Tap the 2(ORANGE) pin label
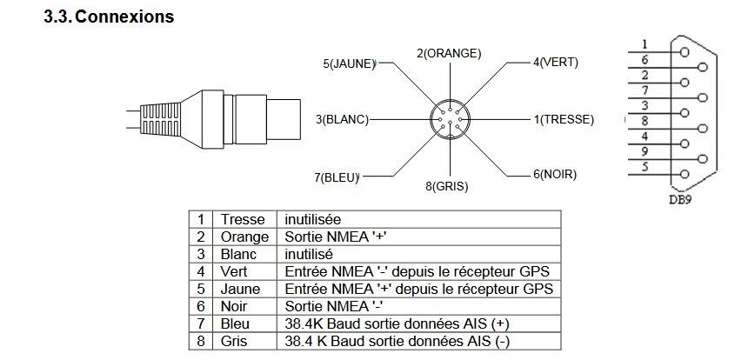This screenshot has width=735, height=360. point(448,53)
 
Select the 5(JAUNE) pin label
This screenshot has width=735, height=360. point(349,63)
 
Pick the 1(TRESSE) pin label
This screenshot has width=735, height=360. point(563,118)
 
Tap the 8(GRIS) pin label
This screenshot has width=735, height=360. point(449,186)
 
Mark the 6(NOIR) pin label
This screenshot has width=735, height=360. point(554,174)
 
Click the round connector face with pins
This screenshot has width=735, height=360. point(450,119)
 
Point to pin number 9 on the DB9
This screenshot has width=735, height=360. point(644,151)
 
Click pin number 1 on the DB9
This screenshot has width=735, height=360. point(644,43)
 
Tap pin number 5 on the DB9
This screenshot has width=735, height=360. point(644,166)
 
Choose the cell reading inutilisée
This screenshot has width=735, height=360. point(313,219)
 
